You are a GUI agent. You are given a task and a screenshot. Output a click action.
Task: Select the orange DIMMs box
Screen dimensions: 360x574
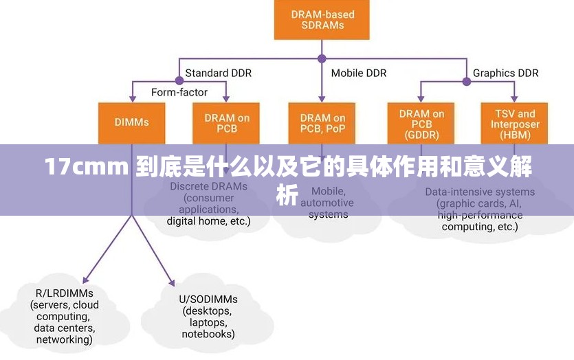click(x=131, y=122)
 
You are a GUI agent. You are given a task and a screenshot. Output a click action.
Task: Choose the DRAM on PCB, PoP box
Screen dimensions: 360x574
click(x=322, y=123)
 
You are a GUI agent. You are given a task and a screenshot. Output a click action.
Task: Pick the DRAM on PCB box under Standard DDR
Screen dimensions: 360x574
click(x=226, y=123)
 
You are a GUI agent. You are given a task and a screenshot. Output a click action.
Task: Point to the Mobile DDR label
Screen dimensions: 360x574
click(x=358, y=73)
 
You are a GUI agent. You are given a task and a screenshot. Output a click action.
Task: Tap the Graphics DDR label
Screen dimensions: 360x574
click(x=505, y=73)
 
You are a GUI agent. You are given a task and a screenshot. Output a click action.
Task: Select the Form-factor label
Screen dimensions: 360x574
click(x=179, y=92)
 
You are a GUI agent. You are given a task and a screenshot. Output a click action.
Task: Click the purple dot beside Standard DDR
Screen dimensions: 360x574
click(x=179, y=80)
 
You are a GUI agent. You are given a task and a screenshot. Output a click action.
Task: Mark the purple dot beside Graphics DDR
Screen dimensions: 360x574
click(x=467, y=80)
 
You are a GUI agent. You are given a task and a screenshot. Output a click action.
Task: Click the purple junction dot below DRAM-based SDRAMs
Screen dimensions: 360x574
click(x=321, y=59)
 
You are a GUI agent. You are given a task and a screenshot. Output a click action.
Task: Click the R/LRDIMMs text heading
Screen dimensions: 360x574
click(x=55, y=293)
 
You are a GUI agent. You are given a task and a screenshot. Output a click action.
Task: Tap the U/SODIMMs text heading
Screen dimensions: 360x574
click(x=208, y=299)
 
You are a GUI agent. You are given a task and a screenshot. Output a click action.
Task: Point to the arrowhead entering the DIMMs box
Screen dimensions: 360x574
click(x=131, y=99)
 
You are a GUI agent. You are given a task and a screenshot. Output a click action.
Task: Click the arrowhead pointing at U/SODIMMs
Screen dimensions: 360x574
click(x=172, y=281)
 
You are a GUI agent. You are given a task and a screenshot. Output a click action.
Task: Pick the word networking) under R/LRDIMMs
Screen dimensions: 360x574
click(x=64, y=339)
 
